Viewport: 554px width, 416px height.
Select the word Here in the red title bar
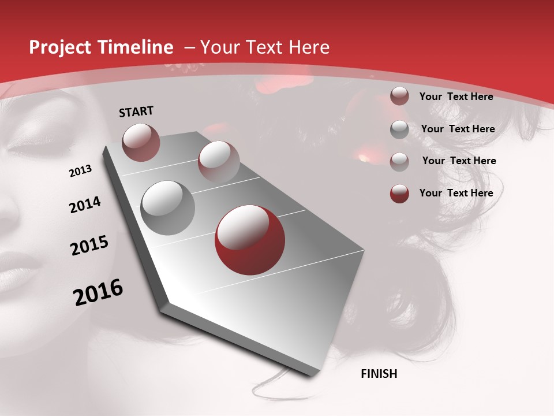pos(309,48)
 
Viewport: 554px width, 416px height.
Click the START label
pos(136,112)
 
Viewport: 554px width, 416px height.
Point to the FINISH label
pos(379,374)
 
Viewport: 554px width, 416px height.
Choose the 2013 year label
pos(80,171)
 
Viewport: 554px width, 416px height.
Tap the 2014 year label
pos(85,205)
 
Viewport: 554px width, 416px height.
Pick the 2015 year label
pos(89,246)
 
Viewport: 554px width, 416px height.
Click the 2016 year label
pos(98,292)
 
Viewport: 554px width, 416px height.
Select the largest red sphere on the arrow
pos(250,239)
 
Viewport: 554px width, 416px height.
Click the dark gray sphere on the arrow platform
pos(168,207)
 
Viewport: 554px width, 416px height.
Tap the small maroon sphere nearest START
pos(141,142)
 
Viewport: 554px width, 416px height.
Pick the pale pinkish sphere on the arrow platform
pos(218,161)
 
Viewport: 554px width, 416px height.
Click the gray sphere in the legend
pos(399,129)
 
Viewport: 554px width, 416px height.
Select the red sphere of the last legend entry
pos(399,194)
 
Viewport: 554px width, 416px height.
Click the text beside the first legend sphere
pos(456,96)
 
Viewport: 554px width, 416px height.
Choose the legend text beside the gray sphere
pos(458,129)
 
